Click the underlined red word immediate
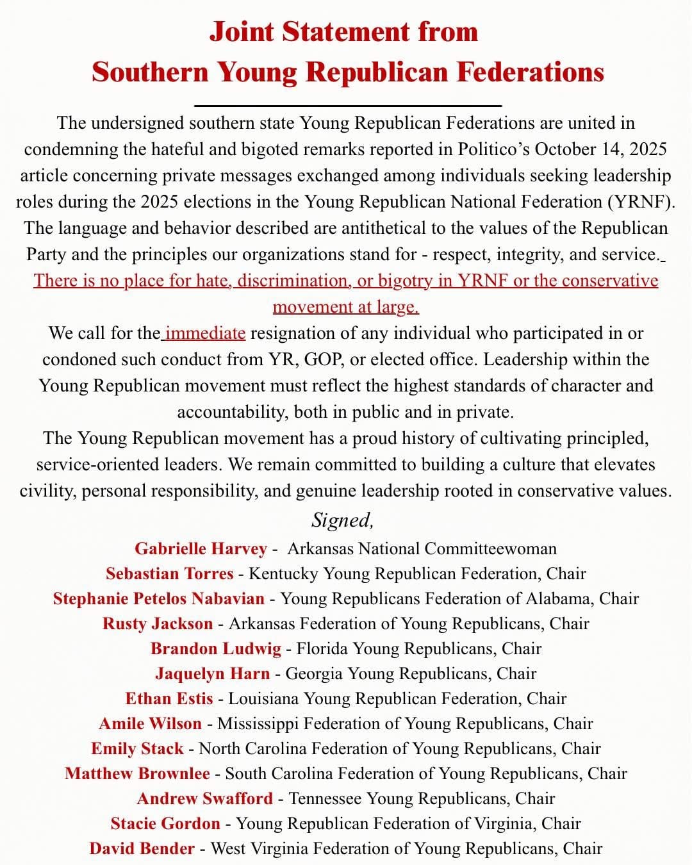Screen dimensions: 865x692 click(205, 333)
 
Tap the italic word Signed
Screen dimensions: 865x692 click(342, 520)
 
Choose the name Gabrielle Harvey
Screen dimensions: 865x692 click(201, 549)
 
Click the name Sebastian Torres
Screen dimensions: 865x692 click(170, 573)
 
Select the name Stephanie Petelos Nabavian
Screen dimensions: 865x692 click(158, 598)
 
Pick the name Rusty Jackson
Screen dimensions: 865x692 click(158, 623)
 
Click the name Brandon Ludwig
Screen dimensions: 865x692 click(216, 648)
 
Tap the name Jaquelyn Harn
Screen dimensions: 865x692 click(212, 673)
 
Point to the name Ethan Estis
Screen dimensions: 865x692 click(169, 698)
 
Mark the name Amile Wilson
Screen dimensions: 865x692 click(150, 724)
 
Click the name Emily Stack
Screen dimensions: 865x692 click(137, 748)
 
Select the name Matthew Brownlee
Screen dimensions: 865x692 click(137, 773)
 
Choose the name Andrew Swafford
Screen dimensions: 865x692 click(204, 798)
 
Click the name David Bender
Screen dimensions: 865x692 click(142, 848)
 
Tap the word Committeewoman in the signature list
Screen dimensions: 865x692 click(490, 549)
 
